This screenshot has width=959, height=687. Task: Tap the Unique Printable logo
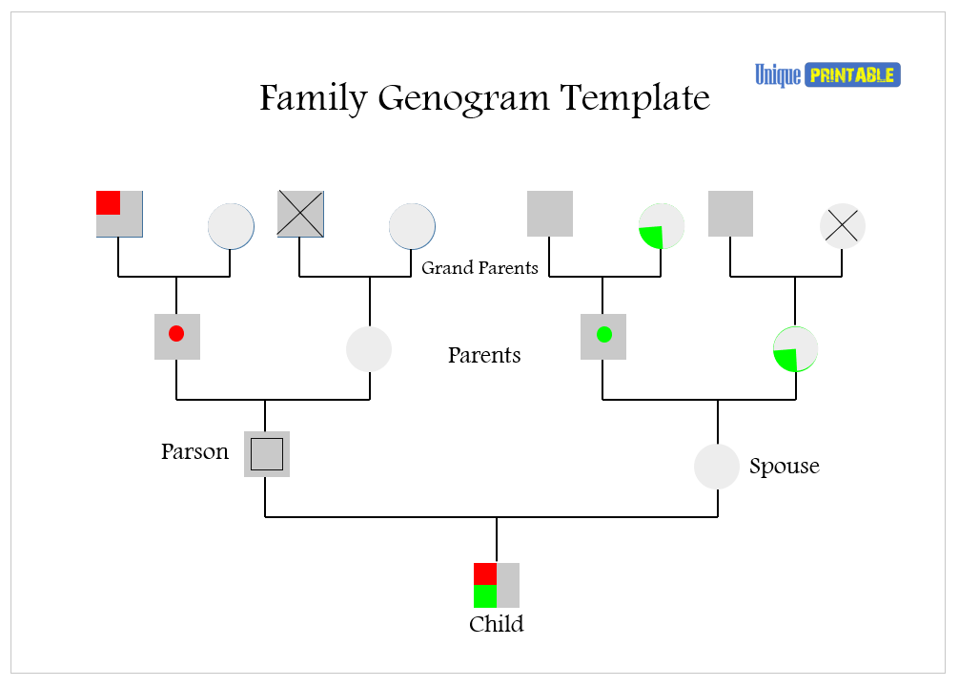(x=827, y=74)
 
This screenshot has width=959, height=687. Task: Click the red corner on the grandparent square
(x=108, y=202)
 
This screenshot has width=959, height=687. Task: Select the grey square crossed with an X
(x=301, y=214)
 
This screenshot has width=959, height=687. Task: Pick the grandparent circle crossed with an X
(x=843, y=226)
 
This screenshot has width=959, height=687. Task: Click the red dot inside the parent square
(x=176, y=334)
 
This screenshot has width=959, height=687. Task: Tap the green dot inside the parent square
(x=603, y=334)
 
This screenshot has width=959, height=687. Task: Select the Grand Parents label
(x=479, y=268)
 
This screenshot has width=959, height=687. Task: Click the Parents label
(x=484, y=356)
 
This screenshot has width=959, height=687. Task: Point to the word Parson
(x=194, y=452)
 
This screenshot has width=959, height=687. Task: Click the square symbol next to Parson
(x=267, y=454)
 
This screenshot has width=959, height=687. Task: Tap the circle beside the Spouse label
(x=717, y=467)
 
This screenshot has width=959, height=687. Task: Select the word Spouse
(x=784, y=467)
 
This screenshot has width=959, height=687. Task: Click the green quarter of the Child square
(x=485, y=597)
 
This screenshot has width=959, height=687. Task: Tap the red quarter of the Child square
(x=485, y=573)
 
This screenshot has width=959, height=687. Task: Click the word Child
(x=496, y=625)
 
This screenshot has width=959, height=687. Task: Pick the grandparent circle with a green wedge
(x=661, y=226)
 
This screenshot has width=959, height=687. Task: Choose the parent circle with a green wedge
(x=795, y=349)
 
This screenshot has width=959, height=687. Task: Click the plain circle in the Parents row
(x=369, y=348)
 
